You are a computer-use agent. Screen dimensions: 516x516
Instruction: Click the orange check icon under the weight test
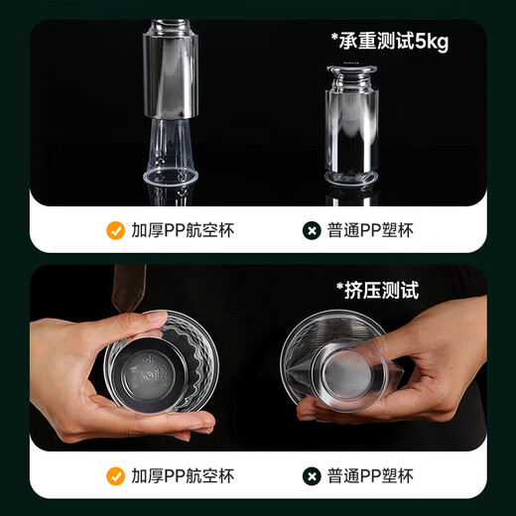116,231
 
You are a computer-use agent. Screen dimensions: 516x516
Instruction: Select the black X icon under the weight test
311,231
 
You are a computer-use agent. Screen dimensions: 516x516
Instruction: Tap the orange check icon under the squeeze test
116,476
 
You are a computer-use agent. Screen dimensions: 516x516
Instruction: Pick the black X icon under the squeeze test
311,476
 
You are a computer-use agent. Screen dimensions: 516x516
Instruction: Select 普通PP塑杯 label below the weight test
371,231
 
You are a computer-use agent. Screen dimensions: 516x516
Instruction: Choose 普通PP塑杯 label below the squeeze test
371,476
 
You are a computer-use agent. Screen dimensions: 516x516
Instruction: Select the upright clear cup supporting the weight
171,154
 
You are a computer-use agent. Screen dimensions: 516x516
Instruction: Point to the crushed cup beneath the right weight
352,180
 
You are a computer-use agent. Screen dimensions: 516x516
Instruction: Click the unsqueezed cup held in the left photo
165,366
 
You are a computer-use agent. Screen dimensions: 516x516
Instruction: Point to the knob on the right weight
353,72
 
